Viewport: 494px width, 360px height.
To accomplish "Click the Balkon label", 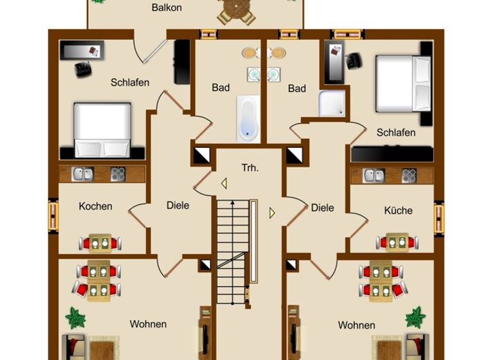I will click(167, 8).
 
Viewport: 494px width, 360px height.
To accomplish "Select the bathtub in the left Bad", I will click(248, 118).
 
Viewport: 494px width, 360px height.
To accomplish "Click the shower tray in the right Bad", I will click(332, 104).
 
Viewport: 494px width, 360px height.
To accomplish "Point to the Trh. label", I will click(250, 168).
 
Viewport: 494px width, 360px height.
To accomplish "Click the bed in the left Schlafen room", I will click(102, 130).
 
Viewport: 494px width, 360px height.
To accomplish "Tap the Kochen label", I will click(95, 206).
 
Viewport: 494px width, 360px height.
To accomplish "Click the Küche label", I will click(398, 210).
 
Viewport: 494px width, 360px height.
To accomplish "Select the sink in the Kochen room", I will click(82, 174).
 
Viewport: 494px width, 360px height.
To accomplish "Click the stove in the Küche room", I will click(408, 175).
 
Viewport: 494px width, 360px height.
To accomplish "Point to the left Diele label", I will click(178, 205).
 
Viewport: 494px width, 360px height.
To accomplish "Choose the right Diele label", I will click(322, 208).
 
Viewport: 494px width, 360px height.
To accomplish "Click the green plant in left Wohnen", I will click(75, 317).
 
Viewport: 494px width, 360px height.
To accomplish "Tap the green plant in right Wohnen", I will click(416, 317).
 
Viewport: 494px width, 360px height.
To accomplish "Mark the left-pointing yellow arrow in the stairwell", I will click(224, 184).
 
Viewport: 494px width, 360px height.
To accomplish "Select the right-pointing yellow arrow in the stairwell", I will click(272, 212).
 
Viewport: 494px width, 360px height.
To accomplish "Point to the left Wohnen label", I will click(148, 324).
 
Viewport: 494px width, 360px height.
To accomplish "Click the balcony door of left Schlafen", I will click(151, 51).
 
